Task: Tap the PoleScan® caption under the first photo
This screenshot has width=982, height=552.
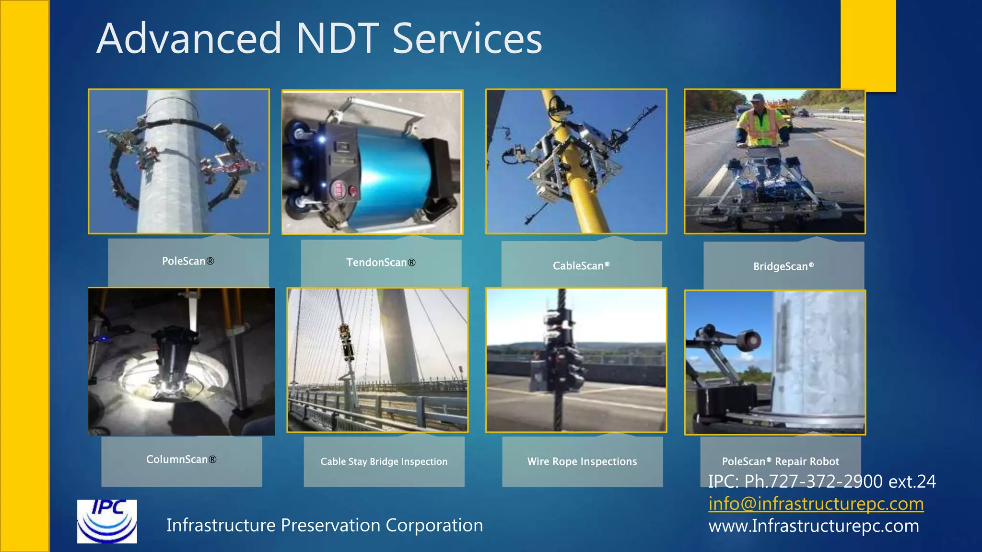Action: click(188, 261)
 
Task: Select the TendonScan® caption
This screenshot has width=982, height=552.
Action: click(381, 263)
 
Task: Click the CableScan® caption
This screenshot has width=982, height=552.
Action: click(581, 266)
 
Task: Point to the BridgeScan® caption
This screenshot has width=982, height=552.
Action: click(783, 266)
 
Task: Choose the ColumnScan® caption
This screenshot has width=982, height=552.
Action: click(181, 460)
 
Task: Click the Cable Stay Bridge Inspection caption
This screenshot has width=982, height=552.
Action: click(384, 461)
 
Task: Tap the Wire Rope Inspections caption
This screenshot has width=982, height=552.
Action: click(582, 461)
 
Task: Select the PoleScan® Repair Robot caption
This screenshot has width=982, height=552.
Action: click(780, 461)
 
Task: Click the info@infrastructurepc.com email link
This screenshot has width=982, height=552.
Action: click(816, 504)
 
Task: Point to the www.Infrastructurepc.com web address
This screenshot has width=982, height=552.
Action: click(813, 526)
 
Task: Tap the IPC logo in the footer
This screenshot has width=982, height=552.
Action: click(107, 521)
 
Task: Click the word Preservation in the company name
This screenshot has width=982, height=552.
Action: click(330, 526)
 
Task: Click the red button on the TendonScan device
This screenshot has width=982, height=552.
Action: click(353, 192)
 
